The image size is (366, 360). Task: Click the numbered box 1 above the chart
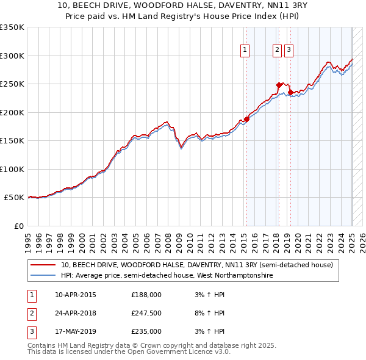click(x=245, y=51)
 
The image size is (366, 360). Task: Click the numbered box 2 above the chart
click(x=277, y=51)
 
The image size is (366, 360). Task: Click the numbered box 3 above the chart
click(x=288, y=51)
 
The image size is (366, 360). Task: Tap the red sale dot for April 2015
click(x=247, y=119)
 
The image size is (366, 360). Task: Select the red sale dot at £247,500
click(x=279, y=85)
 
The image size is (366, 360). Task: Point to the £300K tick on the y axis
click(x=12, y=56)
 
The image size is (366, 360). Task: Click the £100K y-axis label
click(x=12, y=169)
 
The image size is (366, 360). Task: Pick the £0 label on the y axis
click(x=18, y=226)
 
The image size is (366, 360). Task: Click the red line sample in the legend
click(x=43, y=265)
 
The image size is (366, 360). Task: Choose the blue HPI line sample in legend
click(x=43, y=276)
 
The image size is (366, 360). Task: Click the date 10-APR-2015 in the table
click(x=76, y=295)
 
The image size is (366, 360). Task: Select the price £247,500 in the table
click(x=146, y=313)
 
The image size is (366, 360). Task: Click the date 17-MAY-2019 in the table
click(x=76, y=331)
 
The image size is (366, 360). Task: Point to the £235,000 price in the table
click(x=146, y=331)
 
